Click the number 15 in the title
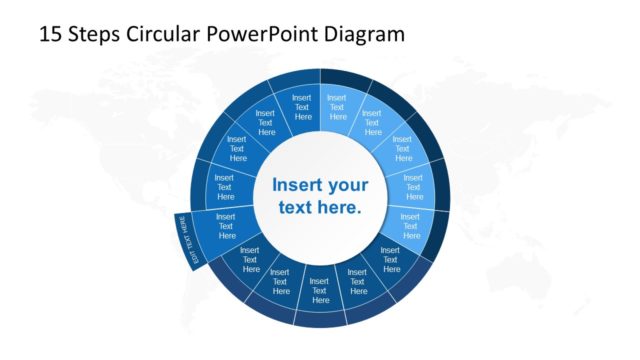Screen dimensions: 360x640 point(50,34)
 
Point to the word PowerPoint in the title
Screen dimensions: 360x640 point(259,34)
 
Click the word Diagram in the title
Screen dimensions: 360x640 point(364,34)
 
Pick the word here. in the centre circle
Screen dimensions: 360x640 point(339,208)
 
